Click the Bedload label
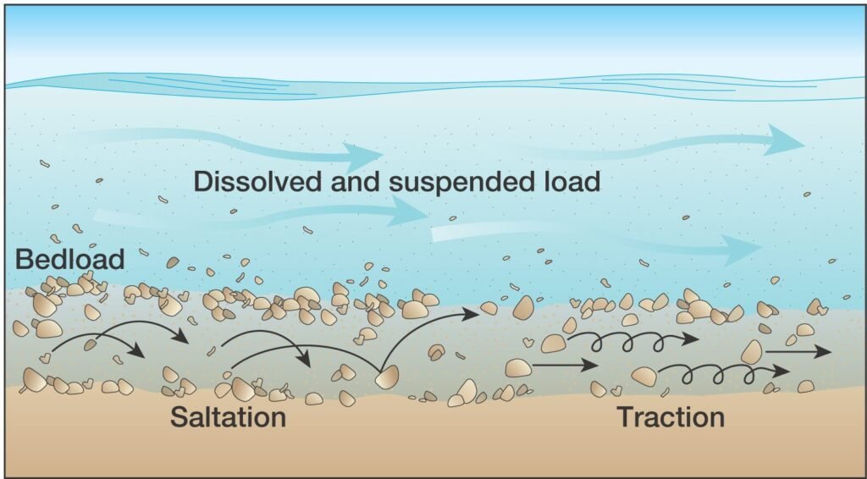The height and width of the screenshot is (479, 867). pyautogui.click(x=69, y=260)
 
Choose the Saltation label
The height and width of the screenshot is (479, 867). pyautogui.click(x=229, y=417)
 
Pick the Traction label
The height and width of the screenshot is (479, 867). pyautogui.click(x=671, y=417)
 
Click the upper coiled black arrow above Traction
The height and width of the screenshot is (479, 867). pyautogui.click(x=633, y=341)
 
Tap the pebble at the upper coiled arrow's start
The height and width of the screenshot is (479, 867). pyautogui.click(x=554, y=344)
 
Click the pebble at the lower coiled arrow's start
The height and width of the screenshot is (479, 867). pyautogui.click(x=644, y=377)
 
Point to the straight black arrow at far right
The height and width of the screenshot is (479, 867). pyautogui.click(x=798, y=351)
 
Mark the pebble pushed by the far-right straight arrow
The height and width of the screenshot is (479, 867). pyautogui.click(x=752, y=352)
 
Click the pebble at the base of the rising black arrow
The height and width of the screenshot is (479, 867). pyautogui.click(x=387, y=377)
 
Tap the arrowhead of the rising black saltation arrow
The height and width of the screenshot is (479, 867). pyautogui.click(x=470, y=314)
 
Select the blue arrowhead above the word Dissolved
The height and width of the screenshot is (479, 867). pyautogui.click(x=363, y=152)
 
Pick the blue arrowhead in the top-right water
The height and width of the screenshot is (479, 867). pyautogui.click(x=785, y=140)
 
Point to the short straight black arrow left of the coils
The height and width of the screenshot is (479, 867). pyautogui.click(x=565, y=365)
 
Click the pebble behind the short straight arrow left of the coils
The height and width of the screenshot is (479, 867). pyautogui.click(x=519, y=368)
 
